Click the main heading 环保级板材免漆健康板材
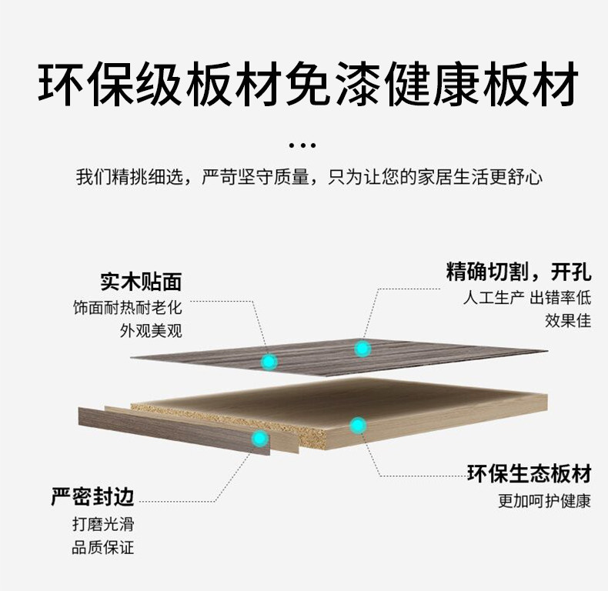[x=307, y=85]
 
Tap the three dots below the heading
[x=302, y=145]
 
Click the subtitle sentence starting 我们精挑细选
[x=309, y=178]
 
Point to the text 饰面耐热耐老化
[x=127, y=308]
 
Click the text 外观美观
[x=152, y=332]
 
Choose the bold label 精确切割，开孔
[x=519, y=271]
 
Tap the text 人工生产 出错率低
[x=527, y=298]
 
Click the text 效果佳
[x=568, y=321]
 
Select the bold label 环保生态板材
[x=529, y=473]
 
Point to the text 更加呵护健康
[x=544, y=501]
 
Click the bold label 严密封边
[x=92, y=497]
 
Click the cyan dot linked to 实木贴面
[x=269, y=360]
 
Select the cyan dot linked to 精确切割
[x=362, y=349]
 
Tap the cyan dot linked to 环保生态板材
[x=357, y=424]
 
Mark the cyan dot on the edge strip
[x=260, y=438]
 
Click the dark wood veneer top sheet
[x=431, y=356]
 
